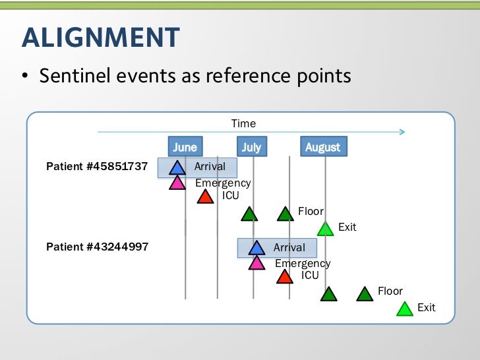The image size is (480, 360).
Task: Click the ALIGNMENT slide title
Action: point(100,38)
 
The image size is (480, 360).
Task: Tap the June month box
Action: point(185,147)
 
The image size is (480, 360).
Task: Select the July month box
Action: point(251,147)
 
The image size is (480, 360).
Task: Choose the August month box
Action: point(323,147)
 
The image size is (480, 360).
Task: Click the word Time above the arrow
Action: point(243,123)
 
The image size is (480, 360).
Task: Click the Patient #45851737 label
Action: point(97,167)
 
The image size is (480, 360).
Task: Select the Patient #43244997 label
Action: point(97,247)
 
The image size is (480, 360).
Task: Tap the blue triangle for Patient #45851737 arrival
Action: point(177,167)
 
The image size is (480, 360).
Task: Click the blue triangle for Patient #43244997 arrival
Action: point(256,248)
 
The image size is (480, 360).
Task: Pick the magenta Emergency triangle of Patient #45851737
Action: point(177,183)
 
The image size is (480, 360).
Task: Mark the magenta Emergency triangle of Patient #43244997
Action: point(256,263)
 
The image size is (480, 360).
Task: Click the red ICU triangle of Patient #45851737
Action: point(206,196)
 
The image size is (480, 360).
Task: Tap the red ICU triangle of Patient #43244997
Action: point(285,277)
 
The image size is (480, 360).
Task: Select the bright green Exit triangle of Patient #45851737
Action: point(325,229)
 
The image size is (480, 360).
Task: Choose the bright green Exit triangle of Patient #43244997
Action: point(405,309)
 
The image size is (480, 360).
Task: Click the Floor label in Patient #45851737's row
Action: point(311,212)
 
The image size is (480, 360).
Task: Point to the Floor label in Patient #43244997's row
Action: point(390,291)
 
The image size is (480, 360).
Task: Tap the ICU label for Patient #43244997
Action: point(310,276)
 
